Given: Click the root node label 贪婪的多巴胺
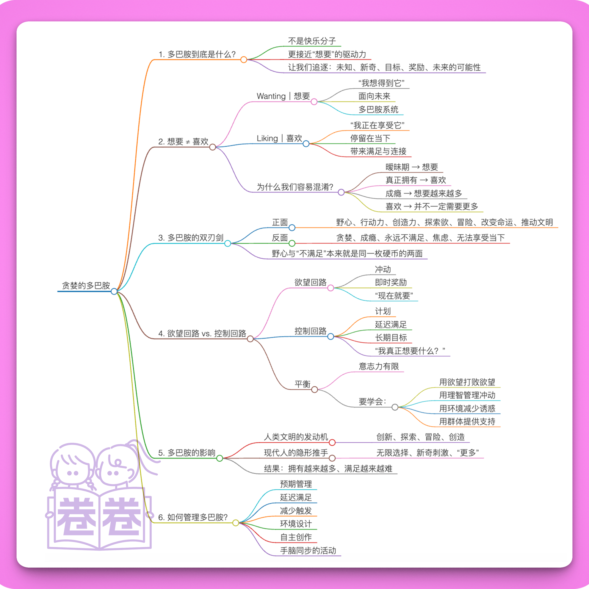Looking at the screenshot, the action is pyautogui.click(x=86, y=285).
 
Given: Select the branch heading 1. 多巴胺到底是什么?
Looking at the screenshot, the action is pyautogui.click(x=197, y=54).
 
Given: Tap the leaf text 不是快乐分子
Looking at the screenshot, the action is pyautogui.click(x=312, y=41).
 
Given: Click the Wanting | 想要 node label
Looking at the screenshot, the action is pyautogui.click(x=283, y=96).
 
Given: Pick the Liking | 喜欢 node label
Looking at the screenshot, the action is pyautogui.click(x=279, y=138).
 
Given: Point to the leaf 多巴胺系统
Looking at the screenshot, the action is pyautogui.click(x=378, y=109).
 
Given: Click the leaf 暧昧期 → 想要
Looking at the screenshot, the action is pyautogui.click(x=412, y=167).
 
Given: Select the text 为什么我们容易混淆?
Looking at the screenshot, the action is pyautogui.click(x=295, y=187).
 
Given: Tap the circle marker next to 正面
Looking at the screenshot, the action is pyautogui.click(x=292, y=228).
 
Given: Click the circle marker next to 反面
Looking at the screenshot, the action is pyautogui.click(x=292, y=243).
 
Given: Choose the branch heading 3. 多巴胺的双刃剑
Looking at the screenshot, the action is pyautogui.click(x=191, y=237).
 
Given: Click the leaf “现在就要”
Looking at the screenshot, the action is pyautogui.click(x=394, y=296).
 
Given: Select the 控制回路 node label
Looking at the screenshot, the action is pyautogui.click(x=310, y=331).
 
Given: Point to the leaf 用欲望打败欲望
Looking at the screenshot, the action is pyautogui.click(x=467, y=382).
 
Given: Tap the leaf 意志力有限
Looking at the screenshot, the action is pyautogui.click(x=379, y=366).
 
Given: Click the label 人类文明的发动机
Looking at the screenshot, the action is pyautogui.click(x=296, y=437).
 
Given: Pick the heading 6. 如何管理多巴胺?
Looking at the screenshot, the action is pyautogui.click(x=193, y=517).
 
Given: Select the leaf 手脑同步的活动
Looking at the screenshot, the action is pyautogui.click(x=308, y=550).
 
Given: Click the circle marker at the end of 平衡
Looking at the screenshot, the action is pyautogui.click(x=315, y=390).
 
